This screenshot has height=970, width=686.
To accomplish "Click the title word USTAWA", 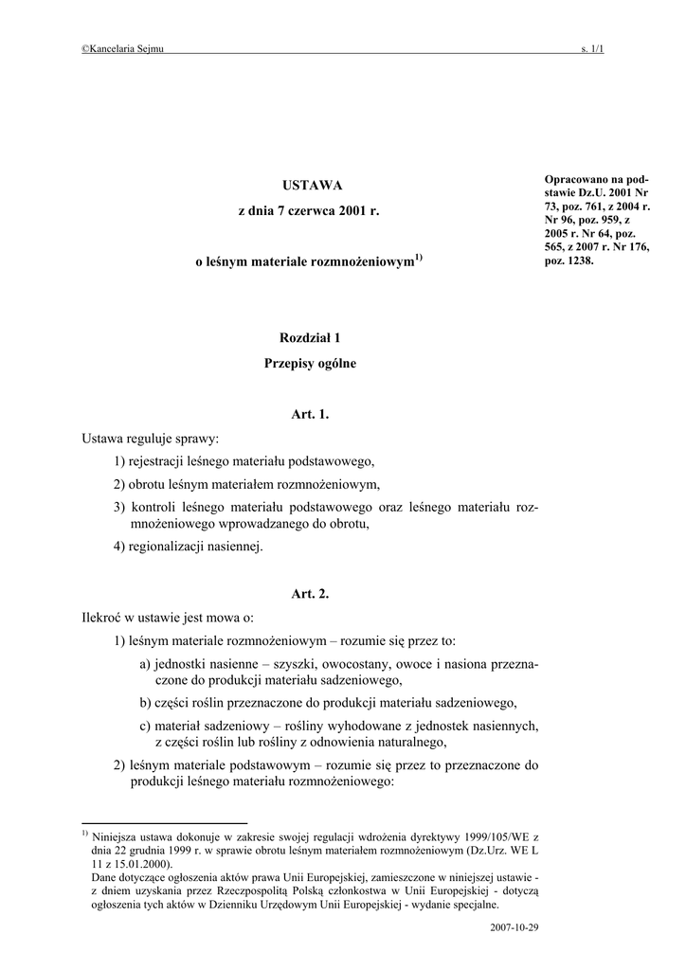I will tap(310, 185).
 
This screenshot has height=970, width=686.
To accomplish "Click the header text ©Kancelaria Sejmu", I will tap(123, 48).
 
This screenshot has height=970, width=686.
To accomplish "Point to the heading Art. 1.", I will tap(310, 415).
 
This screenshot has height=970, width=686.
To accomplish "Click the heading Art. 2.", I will tap(310, 594).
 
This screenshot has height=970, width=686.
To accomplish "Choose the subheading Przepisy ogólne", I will tap(310, 364).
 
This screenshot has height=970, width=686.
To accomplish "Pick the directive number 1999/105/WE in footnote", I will tap(471, 837).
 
